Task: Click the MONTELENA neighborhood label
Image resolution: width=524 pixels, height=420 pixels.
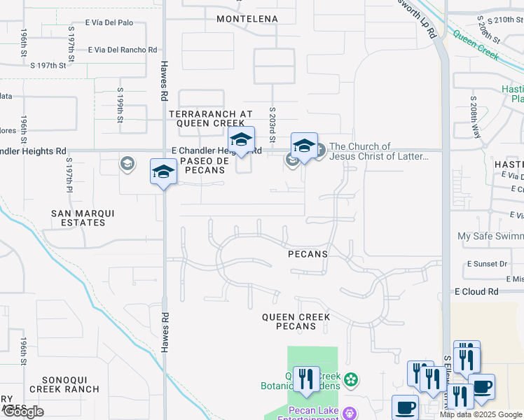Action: tap(247, 19)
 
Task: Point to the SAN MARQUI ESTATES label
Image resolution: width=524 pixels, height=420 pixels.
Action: tap(78, 218)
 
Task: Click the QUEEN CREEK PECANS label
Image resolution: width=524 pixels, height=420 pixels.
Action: tap(296, 321)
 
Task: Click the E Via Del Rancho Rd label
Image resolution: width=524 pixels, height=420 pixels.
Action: tap(123, 50)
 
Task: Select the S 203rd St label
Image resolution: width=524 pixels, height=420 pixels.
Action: tap(273, 122)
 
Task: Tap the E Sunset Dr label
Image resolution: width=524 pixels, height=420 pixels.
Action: tap(487, 264)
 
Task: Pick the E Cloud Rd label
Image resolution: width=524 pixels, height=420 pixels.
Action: tap(476, 291)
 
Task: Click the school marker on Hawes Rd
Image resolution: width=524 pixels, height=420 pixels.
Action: tap(163, 172)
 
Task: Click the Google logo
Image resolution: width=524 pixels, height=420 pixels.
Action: tap(23, 412)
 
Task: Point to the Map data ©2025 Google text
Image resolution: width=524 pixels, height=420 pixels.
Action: tap(481, 414)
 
